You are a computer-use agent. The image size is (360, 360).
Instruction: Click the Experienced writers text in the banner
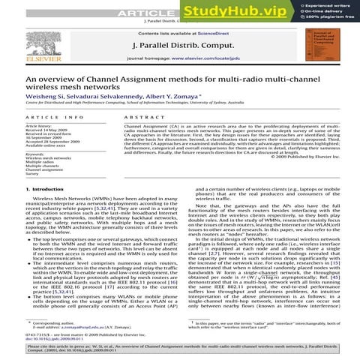[x=327, y=4]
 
